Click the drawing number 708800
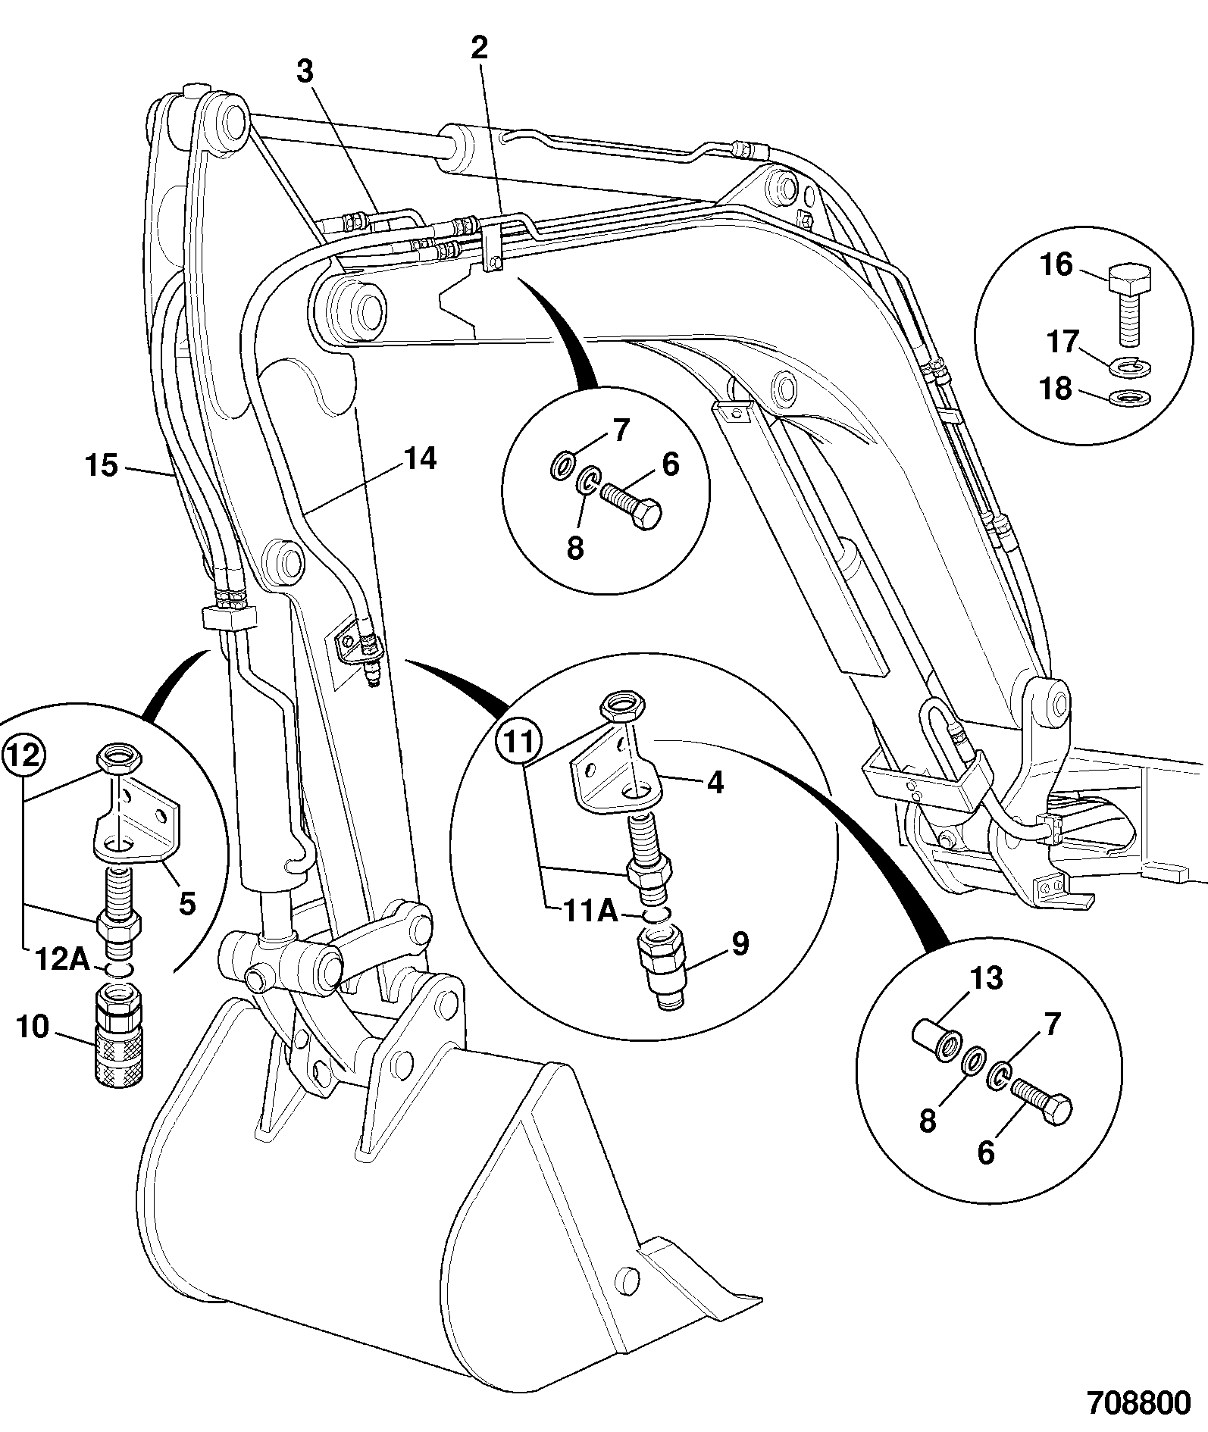(1139, 1404)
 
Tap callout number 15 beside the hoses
(102, 465)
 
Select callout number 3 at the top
(305, 73)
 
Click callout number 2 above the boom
(479, 48)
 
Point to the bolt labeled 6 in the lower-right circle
(1041, 1101)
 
